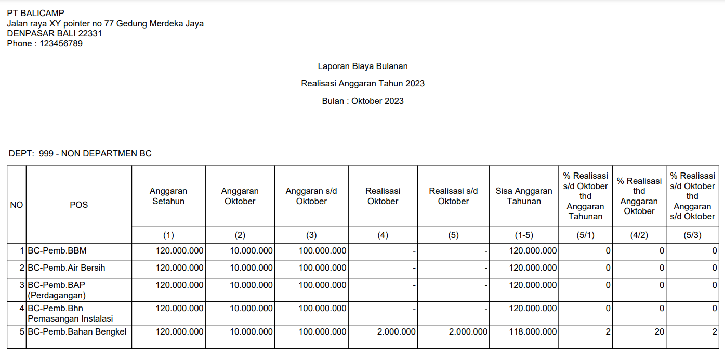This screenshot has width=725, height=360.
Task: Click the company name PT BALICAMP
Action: click(x=36, y=14)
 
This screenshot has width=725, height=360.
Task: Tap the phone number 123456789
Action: click(x=61, y=44)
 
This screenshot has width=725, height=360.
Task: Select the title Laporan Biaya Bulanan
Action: click(x=363, y=66)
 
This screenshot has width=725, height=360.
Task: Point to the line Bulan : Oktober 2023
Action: click(x=363, y=101)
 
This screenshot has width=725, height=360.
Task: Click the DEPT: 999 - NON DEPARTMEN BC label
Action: click(x=80, y=154)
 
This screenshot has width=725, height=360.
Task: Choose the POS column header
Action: click(x=79, y=205)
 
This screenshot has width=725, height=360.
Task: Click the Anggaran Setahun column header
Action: click(x=168, y=196)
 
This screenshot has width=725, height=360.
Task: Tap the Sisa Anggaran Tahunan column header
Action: click(x=524, y=196)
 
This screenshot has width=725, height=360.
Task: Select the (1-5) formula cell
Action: click(x=524, y=235)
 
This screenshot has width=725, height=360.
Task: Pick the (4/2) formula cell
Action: click(x=639, y=235)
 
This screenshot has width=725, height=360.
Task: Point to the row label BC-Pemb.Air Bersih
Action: click(x=67, y=268)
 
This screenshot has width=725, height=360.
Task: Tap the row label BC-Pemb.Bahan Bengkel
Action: click(x=77, y=331)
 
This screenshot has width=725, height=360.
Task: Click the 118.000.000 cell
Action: click(x=533, y=331)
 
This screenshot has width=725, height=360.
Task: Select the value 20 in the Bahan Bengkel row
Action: click(x=659, y=331)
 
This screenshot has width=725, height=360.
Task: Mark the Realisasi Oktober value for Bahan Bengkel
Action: click(x=397, y=331)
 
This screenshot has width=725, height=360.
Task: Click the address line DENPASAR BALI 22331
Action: click(x=55, y=34)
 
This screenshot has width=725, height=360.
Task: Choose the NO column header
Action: click(x=17, y=205)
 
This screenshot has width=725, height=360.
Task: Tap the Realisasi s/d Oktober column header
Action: click(x=453, y=196)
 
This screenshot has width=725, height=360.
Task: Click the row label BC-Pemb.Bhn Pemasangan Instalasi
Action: click(x=70, y=313)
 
